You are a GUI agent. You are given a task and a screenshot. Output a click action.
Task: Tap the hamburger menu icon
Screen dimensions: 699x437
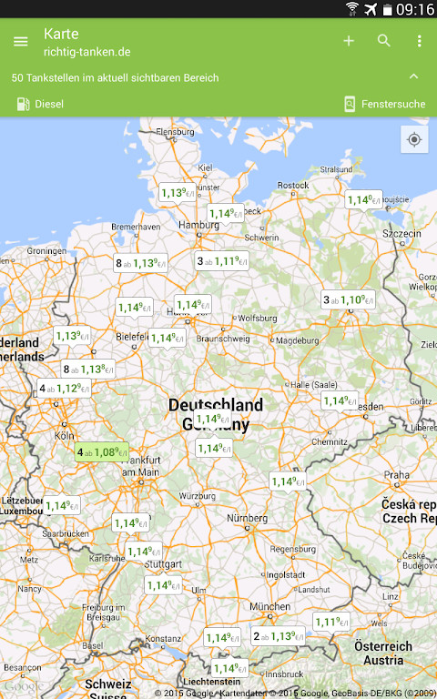(20, 41)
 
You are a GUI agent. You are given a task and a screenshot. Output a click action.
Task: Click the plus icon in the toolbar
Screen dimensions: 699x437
(349, 41)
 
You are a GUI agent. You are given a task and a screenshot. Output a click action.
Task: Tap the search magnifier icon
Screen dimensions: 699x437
(384, 41)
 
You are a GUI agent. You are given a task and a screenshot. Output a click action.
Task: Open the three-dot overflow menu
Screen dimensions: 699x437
(419, 41)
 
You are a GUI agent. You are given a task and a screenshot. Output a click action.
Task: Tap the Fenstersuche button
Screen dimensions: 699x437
(384, 104)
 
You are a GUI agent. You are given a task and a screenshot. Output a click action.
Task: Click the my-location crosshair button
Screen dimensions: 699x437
(414, 139)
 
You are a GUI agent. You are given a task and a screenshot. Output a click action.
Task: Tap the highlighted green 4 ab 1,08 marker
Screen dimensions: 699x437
(101, 451)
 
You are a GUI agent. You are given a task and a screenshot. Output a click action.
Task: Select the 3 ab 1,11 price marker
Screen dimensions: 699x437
(222, 261)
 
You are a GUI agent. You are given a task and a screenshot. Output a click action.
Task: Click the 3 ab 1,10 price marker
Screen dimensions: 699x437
(349, 299)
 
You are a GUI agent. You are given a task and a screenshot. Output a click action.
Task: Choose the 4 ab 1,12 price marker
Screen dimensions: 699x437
(64, 389)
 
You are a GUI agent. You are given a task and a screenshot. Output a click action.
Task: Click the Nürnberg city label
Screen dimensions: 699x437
(249, 519)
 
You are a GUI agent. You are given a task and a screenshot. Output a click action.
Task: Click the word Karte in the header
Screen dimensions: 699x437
(61, 34)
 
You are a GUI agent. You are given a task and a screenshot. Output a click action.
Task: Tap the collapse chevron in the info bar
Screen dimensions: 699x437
(414, 77)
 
